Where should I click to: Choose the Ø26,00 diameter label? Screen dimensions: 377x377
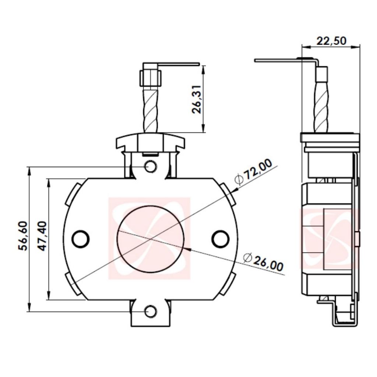[264, 262]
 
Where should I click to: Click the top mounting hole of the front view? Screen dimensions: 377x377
[151, 167]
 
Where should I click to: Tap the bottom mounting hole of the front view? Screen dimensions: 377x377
[151, 311]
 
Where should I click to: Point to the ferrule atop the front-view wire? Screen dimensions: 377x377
[151, 75]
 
